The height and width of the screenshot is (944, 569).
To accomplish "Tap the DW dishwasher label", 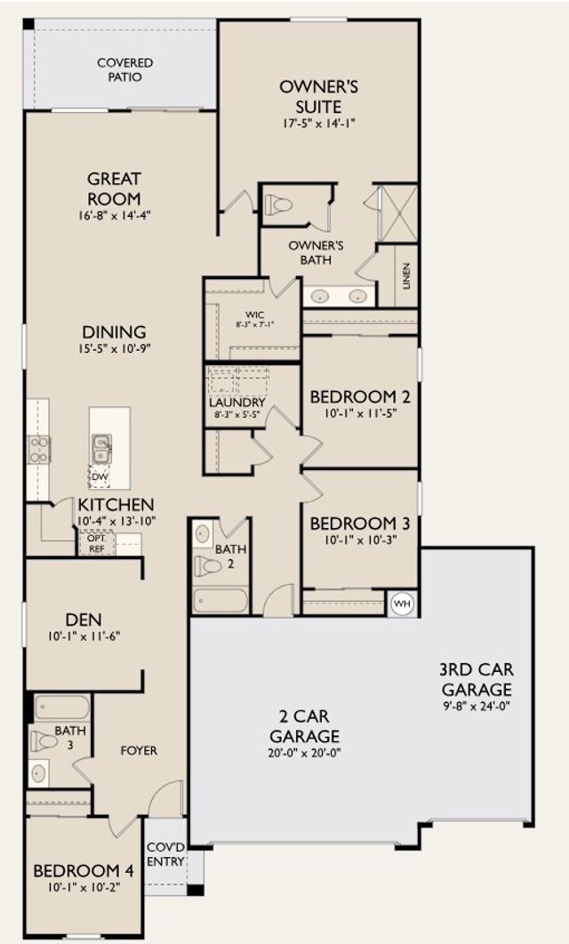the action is pos(100,476).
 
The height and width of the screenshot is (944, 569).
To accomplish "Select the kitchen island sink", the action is pos(101,449).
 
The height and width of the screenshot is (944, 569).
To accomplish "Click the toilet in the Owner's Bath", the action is pos(279,204).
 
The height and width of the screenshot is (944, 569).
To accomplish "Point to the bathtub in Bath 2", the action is pos(220,600).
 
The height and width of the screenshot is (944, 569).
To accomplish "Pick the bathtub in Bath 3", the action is pos(62,708).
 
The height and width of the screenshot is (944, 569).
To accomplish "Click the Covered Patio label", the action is pos(125,70).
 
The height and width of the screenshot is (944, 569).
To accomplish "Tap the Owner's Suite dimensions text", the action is pos(319,124).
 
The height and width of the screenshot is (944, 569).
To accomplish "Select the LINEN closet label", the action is pos(405,276).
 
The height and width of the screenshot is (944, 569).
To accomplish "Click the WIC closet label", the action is pos(254,315).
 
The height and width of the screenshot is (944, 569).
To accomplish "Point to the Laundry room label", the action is pos(237,402).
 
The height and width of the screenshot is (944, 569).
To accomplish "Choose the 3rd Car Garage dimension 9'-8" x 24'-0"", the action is pos(476,706).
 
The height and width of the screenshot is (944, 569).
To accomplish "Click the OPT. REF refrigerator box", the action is pos(97,543).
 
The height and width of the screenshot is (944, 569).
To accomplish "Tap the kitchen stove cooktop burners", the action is pos(38,450).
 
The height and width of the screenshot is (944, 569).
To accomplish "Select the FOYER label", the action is pos(139,751).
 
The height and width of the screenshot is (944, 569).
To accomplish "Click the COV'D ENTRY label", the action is pos(165,855).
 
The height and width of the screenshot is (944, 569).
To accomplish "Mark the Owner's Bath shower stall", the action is pos(397,213).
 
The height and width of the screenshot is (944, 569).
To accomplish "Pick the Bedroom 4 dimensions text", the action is pos(84,886).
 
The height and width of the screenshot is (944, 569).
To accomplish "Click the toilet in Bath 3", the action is pos(44,740).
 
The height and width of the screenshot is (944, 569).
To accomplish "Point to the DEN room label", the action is pos(84,620).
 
